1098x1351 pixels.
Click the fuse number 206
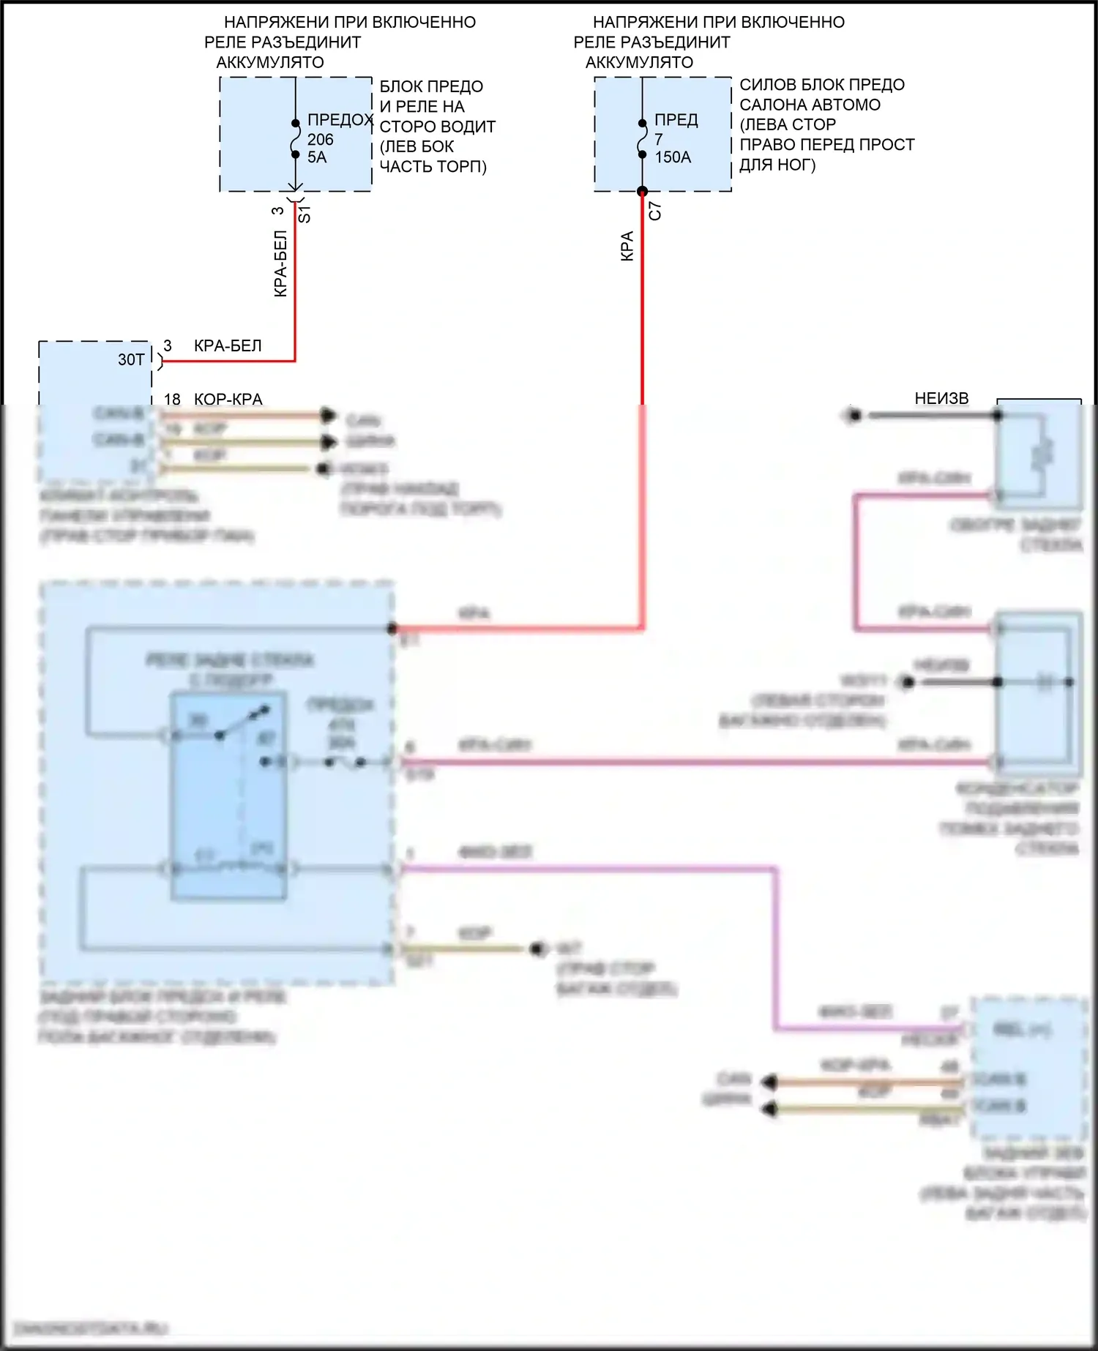tap(320, 139)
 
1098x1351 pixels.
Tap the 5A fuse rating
tap(317, 157)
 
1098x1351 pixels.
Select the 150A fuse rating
tap(673, 157)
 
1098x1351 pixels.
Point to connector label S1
tap(305, 214)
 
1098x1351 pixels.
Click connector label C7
tap(655, 211)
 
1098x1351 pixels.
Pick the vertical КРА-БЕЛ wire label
tap(280, 263)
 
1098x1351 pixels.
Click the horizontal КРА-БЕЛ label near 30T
tap(228, 345)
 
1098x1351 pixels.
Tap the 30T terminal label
tap(131, 359)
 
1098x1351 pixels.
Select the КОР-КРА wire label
tap(228, 399)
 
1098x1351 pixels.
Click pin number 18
tap(172, 399)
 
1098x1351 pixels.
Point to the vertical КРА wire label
tap(627, 247)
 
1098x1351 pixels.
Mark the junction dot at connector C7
tap(642, 192)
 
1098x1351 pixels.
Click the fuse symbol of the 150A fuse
tap(642, 139)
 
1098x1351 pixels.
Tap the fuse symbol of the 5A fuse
tap(295, 139)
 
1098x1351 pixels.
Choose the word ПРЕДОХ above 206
tap(340, 119)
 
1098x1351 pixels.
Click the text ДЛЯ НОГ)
tap(777, 165)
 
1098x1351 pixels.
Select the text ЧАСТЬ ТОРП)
tap(433, 167)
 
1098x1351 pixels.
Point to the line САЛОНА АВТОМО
tap(810, 105)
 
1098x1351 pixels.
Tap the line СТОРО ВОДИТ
tap(437, 127)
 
